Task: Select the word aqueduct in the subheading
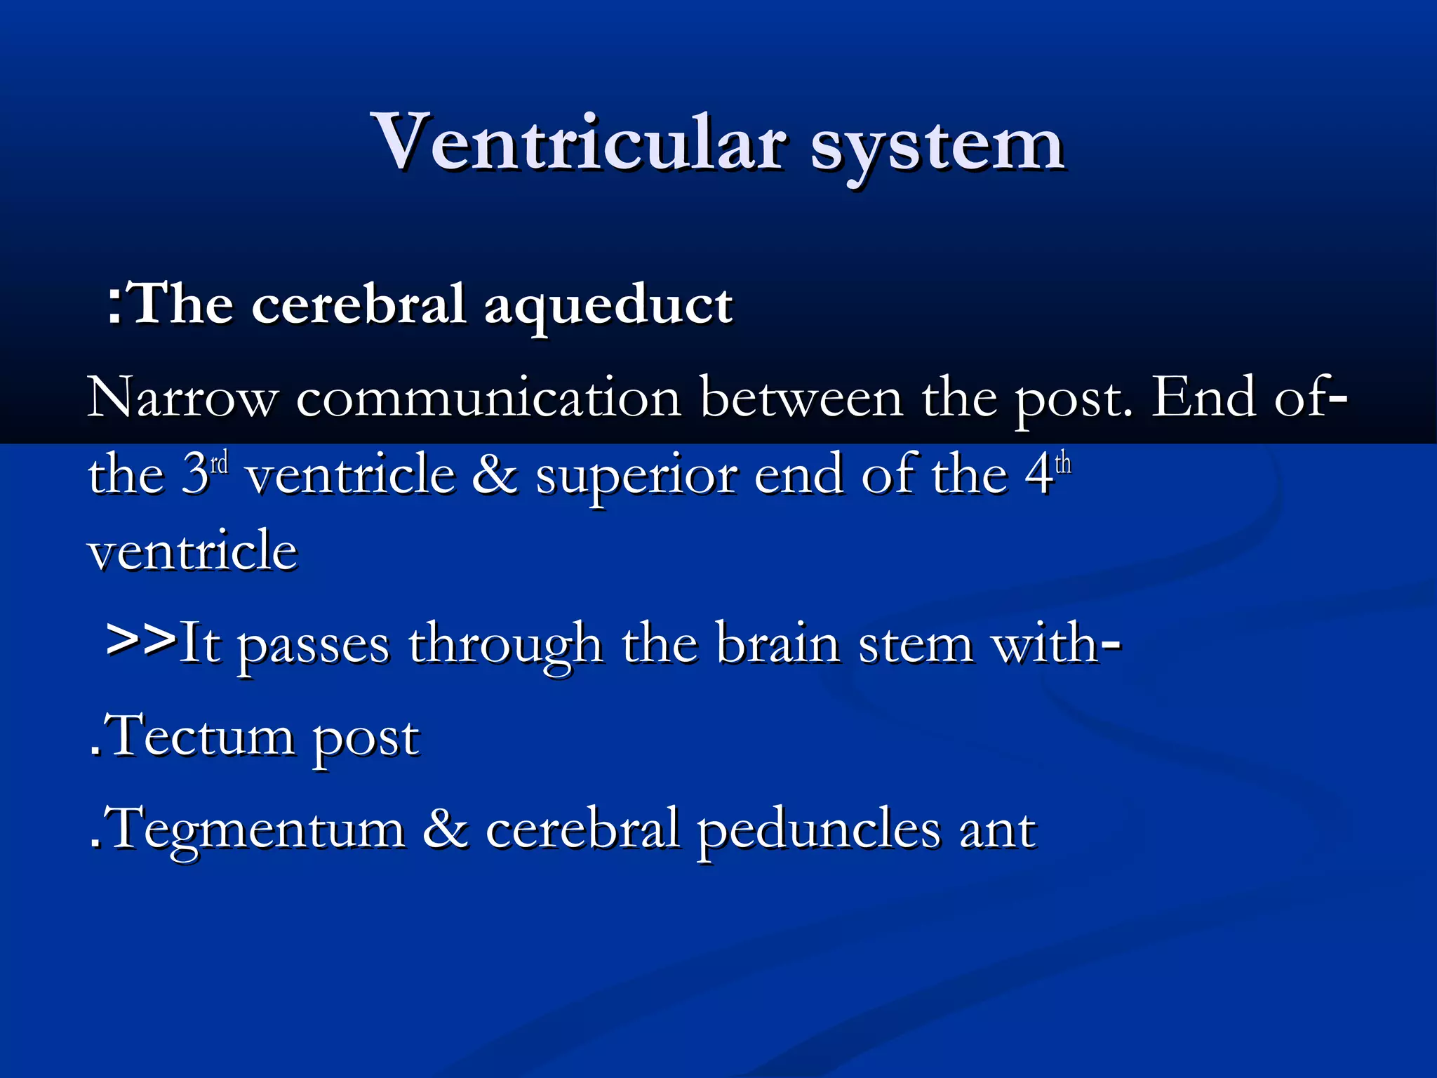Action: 608,306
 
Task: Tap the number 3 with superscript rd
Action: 204,474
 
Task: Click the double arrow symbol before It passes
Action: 140,638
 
